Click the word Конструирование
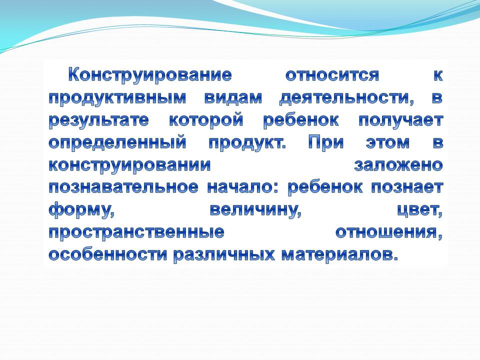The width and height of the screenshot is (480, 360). [x=149, y=75]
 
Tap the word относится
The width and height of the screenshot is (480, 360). [x=332, y=75]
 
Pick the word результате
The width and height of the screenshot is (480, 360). [x=99, y=120]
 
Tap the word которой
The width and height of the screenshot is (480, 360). [x=206, y=120]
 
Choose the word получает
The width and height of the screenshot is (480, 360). [x=400, y=120]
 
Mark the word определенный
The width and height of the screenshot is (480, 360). [x=117, y=143]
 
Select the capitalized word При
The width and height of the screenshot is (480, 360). [x=326, y=142]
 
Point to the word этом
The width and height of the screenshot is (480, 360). [x=387, y=142]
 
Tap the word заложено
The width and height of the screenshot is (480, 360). [x=398, y=165]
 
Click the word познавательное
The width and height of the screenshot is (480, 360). [x=123, y=187]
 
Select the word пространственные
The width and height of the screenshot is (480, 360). [x=136, y=232]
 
